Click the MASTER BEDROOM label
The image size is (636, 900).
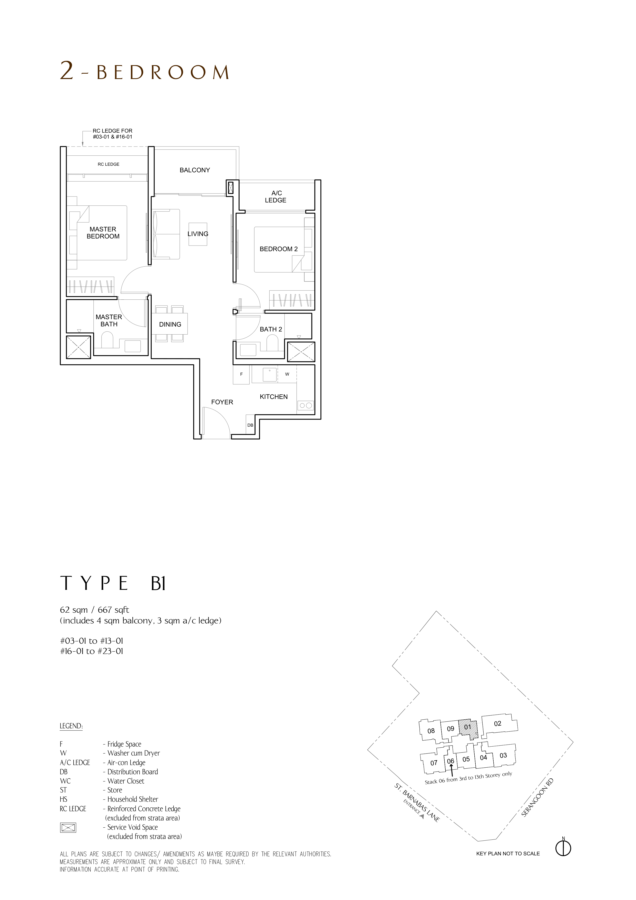point(103,233)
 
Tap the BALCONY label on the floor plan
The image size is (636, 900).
point(195,170)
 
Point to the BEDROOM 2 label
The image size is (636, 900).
point(279,249)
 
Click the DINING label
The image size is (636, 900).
point(170,325)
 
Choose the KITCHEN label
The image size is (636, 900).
point(274,397)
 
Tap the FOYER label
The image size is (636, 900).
point(222,402)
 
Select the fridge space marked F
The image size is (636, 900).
point(241,374)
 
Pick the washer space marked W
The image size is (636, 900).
point(287,374)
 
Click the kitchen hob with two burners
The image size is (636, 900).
point(306,406)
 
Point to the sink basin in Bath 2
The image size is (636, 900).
point(248,350)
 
